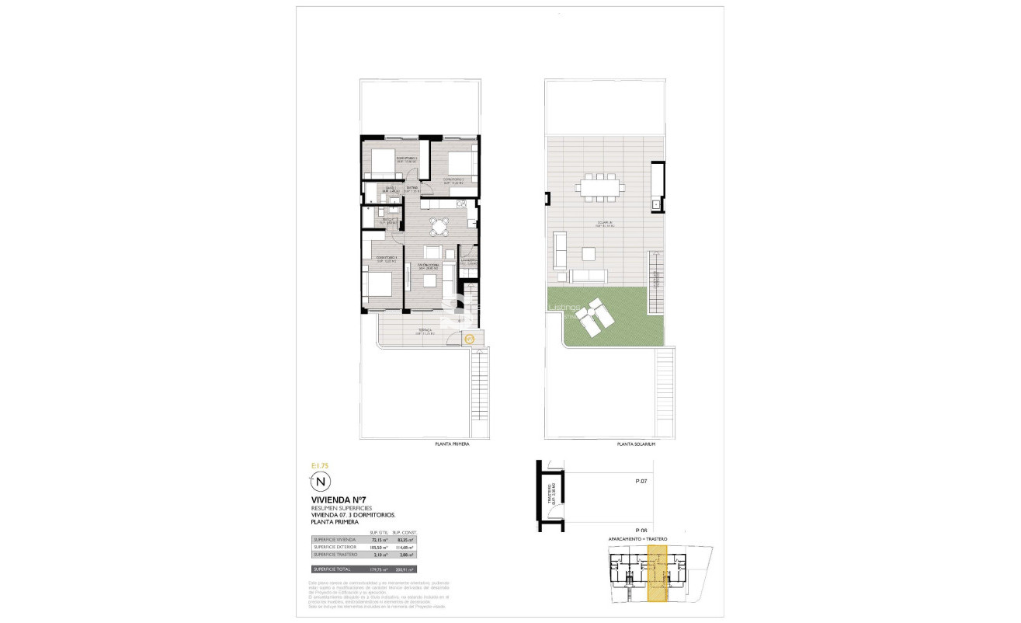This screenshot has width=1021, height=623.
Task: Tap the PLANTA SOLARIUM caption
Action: [636, 444]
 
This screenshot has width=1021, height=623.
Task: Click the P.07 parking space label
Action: [641, 482]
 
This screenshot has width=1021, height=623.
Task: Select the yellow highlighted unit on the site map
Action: [658, 573]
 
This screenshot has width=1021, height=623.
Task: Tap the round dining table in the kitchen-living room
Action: [439, 227]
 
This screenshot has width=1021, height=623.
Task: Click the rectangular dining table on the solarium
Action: [599, 186]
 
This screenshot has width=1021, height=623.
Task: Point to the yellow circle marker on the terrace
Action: [469, 338]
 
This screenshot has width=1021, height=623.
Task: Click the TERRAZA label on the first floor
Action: [425, 330]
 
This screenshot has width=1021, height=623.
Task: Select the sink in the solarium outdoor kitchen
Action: [656, 204]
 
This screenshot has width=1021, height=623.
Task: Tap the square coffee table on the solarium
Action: [589, 253]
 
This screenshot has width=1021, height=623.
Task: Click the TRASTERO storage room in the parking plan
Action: [551, 494]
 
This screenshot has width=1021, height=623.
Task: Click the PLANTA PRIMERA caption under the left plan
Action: [452, 444]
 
